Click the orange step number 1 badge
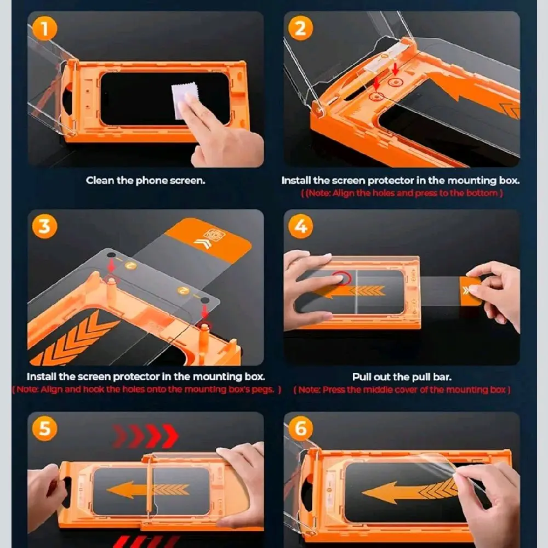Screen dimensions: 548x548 pyautogui.click(x=44, y=28)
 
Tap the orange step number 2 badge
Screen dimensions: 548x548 pyautogui.click(x=300, y=28)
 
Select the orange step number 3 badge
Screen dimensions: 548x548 pyautogui.click(x=44, y=226)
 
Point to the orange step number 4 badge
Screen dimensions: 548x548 pyautogui.click(x=300, y=226)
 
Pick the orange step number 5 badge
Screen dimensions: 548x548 pyautogui.click(x=44, y=429)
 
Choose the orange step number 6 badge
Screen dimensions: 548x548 pyautogui.click(x=300, y=429)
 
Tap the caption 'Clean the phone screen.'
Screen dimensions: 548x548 pyautogui.click(x=145, y=181)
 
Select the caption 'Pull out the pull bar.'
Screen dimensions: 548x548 pyautogui.click(x=402, y=377)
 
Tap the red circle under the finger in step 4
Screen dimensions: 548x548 pyautogui.click(x=342, y=278)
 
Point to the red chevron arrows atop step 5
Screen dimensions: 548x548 pyautogui.click(x=145, y=436)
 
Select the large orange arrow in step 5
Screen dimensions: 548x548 pyautogui.click(x=148, y=489)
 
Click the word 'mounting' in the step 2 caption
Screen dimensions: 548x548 pyautogui.click(x=471, y=181)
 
